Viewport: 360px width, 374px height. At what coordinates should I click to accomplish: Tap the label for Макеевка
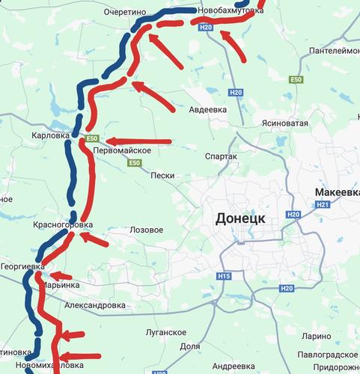pyautogui.click(x=336, y=192)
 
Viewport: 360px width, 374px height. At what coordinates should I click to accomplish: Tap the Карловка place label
pyautogui.click(x=51, y=136)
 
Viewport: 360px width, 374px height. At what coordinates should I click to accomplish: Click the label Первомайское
pyautogui.click(x=123, y=151)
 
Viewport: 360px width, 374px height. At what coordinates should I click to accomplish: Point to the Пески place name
pyautogui.click(x=162, y=176)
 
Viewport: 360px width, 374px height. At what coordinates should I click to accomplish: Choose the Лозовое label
pyautogui.click(x=146, y=230)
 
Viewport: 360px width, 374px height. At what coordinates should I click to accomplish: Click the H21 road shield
pyautogui.click(x=323, y=204)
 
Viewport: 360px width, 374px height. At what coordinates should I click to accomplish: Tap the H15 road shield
pyautogui.click(x=224, y=277)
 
